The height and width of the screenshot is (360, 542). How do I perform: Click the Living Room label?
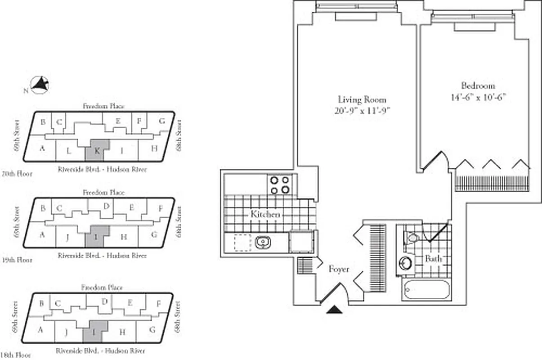click(x=362, y=100)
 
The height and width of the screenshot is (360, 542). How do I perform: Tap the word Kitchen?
click(x=265, y=215)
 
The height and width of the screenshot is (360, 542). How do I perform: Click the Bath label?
click(x=433, y=259)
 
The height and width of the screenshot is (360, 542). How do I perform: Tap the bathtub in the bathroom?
click(x=426, y=290)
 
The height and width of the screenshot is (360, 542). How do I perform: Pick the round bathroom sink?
click(x=406, y=262)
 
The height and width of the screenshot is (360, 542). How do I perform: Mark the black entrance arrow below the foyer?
click(x=333, y=310)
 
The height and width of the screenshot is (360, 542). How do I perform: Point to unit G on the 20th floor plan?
click(x=162, y=121)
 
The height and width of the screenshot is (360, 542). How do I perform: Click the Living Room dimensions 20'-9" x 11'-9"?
click(x=362, y=110)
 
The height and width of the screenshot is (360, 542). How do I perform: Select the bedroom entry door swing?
click(x=436, y=160)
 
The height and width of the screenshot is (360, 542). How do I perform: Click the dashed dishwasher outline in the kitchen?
click(x=242, y=242)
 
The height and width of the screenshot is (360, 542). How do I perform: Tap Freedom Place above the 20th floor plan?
click(x=103, y=106)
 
